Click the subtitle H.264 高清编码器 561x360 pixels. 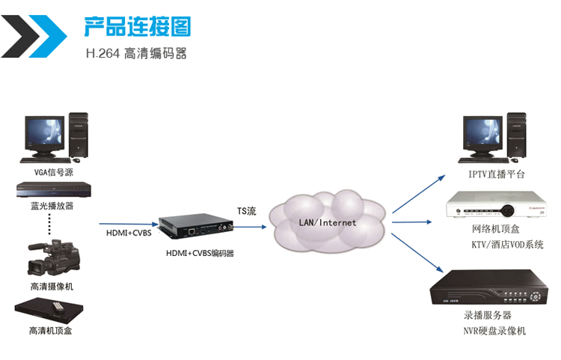136,54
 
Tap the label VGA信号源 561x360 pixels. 51,171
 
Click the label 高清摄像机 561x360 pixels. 51,286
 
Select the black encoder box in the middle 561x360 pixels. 193,224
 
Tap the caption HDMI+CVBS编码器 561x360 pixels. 200,254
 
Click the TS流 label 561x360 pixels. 247,212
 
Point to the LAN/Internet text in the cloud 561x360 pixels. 328,222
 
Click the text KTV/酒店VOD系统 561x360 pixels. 507,245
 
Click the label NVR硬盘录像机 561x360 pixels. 494,330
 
